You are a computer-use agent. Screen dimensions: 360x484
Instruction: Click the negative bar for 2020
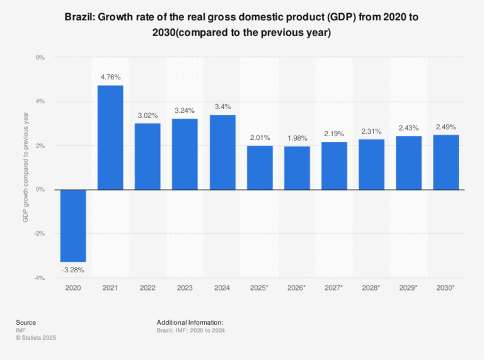click(x=73, y=226)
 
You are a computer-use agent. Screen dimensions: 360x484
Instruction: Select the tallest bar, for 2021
click(x=110, y=137)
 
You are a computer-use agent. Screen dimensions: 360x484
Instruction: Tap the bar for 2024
click(x=222, y=152)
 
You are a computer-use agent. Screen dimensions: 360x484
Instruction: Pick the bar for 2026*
click(x=297, y=168)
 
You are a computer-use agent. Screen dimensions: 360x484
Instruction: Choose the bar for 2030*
click(x=446, y=162)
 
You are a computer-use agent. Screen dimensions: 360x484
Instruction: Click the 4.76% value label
click(x=110, y=78)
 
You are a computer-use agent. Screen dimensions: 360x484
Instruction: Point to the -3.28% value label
click(x=73, y=270)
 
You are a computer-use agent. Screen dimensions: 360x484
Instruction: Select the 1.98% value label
click(x=297, y=139)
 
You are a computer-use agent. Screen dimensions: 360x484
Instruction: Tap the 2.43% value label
click(x=408, y=128)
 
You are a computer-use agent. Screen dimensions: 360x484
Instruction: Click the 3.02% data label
click(x=147, y=115)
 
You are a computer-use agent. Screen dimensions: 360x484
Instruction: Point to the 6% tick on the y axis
click(x=40, y=57)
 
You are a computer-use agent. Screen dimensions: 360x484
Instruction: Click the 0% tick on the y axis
click(x=40, y=190)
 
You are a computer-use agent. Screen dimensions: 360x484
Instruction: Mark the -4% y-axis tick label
click(x=39, y=278)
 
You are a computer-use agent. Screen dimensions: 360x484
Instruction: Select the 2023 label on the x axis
click(x=185, y=287)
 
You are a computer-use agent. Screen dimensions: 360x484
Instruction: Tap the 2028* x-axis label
click(x=371, y=287)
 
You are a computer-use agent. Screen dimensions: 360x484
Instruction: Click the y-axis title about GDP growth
click(x=26, y=167)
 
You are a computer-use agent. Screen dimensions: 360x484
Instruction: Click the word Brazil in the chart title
click(x=80, y=18)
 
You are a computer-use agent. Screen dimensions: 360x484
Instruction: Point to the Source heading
click(x=26, y=322)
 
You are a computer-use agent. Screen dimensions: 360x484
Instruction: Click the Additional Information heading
click(x=190, y=322)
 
